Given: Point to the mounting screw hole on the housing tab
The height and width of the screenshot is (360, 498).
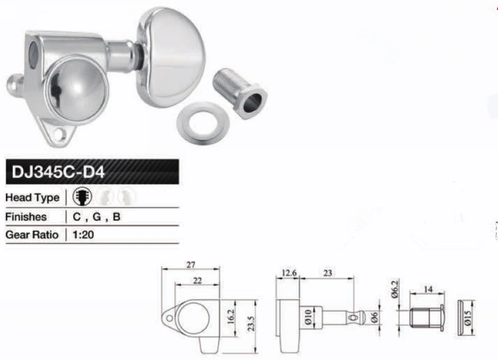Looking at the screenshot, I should coord(61,133).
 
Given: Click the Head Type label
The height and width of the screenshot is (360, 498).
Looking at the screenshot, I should coord(32,197).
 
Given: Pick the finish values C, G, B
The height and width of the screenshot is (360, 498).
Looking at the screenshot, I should coord(97,217).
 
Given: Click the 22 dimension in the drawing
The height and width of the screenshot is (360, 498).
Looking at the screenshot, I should coord(197,281).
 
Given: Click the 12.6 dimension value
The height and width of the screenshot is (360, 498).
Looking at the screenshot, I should coord(289,273).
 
